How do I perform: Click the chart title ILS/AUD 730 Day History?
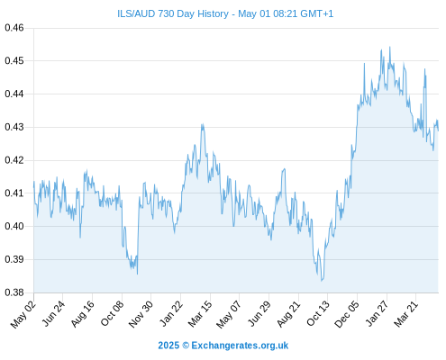(x=173, y=13)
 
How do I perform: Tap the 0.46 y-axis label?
(x=14, y=28)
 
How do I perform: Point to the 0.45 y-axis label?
(x=14, y=61)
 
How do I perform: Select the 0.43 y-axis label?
(x=14, y=127)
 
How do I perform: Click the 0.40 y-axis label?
(x=14, y=226)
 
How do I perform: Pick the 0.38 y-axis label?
(x=14, y=292)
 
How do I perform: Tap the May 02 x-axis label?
(x=23, y=314)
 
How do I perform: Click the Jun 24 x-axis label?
(x=53, y=314)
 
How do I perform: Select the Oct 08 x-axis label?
(x=112, y=314)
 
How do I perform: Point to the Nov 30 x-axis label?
(x=141, y=314)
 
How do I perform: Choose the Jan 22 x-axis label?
(x=170, y=314)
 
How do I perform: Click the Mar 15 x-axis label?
(x=200, y=314)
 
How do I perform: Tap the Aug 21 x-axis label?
(x=288, y=314)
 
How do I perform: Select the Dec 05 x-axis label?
(x=347, y=314)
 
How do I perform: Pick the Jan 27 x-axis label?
(x=378, y=314)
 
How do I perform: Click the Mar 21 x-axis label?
(x=405, y=314)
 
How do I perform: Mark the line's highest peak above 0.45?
(x=390, y=47)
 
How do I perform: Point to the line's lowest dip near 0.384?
(x=322, y=281)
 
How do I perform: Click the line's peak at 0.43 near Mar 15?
(x=203, y=123)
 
